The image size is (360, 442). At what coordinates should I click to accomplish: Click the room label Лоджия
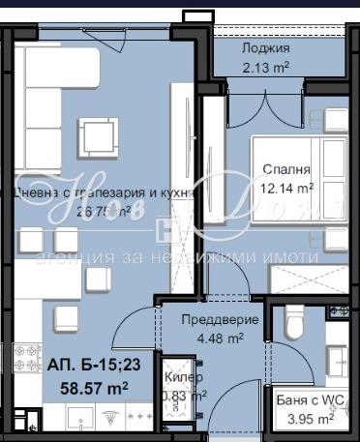point(266,47)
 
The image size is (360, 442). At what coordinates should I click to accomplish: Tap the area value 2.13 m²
point(266,67)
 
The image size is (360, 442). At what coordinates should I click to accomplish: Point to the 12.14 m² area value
point(287,188)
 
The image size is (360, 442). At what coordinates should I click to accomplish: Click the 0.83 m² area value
point(184,395)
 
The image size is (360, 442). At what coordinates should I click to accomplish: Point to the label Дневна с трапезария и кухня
point(102,192)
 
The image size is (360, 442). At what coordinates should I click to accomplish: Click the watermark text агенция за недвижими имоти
point(176,258)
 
